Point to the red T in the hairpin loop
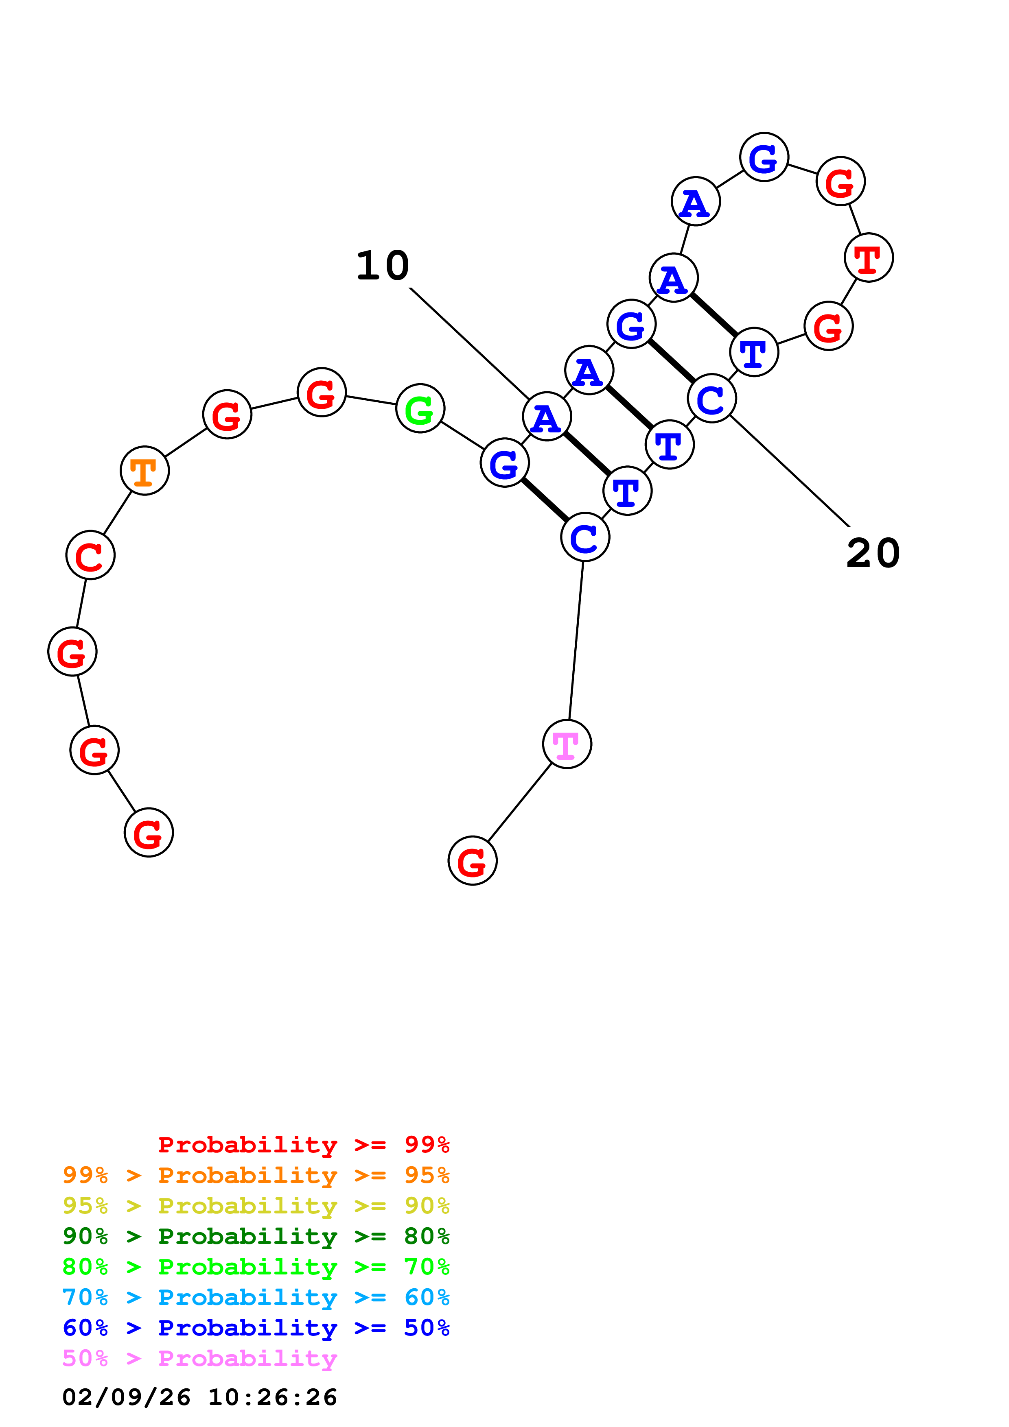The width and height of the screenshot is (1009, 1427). (869, 257)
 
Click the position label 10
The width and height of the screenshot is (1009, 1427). (382, 266)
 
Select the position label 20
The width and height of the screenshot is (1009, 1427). (873, 553)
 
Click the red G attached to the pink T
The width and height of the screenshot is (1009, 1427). (473, 861)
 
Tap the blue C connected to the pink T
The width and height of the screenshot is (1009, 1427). (585, 537)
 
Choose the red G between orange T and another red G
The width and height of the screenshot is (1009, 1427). (227, 415)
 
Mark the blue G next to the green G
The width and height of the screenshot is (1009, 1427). (505, 463)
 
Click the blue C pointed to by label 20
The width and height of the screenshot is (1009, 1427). (712, 398)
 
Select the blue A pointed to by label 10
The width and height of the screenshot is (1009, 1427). (547, 417)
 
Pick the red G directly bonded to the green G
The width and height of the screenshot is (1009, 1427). (322, 392)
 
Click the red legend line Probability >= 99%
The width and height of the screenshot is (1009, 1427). (303, 1145)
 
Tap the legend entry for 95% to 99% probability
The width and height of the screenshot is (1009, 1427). (256, 1175)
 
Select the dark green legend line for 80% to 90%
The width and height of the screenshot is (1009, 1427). (256, 1236)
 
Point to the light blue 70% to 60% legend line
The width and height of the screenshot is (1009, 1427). (256, 1297)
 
